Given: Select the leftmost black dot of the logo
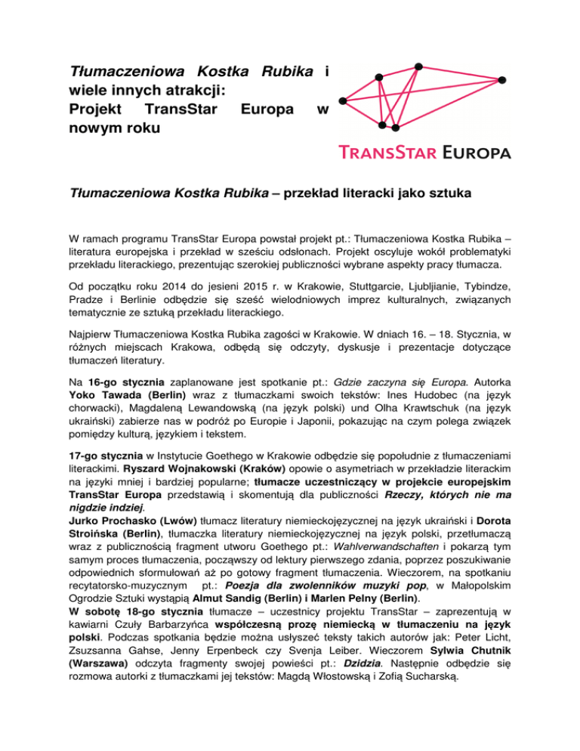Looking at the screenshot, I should click(x=342, y=100).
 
